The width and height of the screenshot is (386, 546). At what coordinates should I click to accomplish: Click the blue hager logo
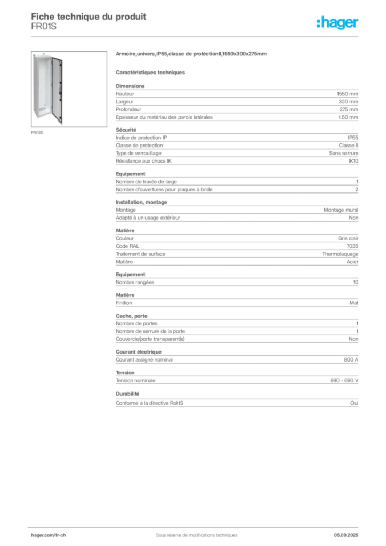[339, 23]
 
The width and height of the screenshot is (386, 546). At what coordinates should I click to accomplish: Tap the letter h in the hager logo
[323, 23]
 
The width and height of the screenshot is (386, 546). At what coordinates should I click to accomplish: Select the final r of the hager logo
[358, 24]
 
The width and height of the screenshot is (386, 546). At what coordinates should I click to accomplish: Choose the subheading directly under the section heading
[151, 72]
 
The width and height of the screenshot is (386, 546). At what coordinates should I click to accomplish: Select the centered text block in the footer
[192, 532]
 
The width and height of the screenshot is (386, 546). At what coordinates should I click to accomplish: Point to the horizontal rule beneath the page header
[196, 37]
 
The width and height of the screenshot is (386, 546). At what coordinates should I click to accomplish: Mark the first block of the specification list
[237, 101]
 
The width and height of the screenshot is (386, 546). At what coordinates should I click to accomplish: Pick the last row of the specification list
[237, 404]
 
